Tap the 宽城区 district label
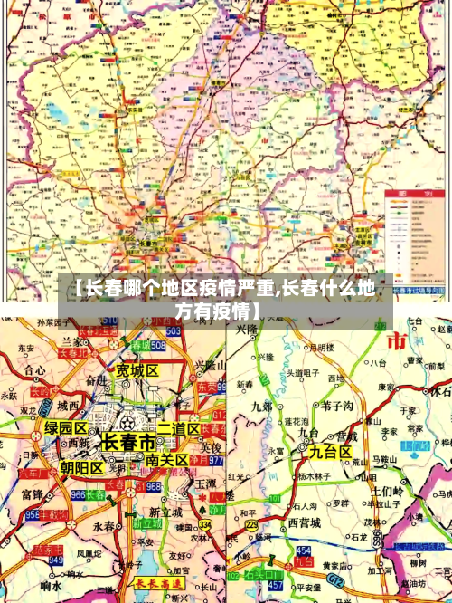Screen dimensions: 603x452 (137, 371)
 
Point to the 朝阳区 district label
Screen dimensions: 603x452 (81, 468)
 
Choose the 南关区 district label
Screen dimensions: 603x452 (166, 461)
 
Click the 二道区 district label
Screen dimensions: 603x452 (178, 428)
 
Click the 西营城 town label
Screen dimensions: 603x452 (305, 523)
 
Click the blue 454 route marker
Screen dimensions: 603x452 (302, 550)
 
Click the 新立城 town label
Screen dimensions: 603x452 (165, 512)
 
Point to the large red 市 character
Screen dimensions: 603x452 (396, 340)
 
